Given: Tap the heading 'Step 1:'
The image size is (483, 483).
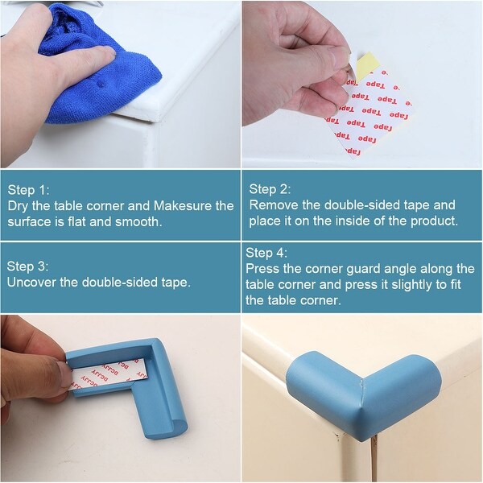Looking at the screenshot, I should pos(28,190).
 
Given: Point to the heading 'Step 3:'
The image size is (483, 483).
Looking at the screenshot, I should pos(28,266).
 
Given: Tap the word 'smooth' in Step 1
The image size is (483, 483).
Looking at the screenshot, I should pos(138,221).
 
